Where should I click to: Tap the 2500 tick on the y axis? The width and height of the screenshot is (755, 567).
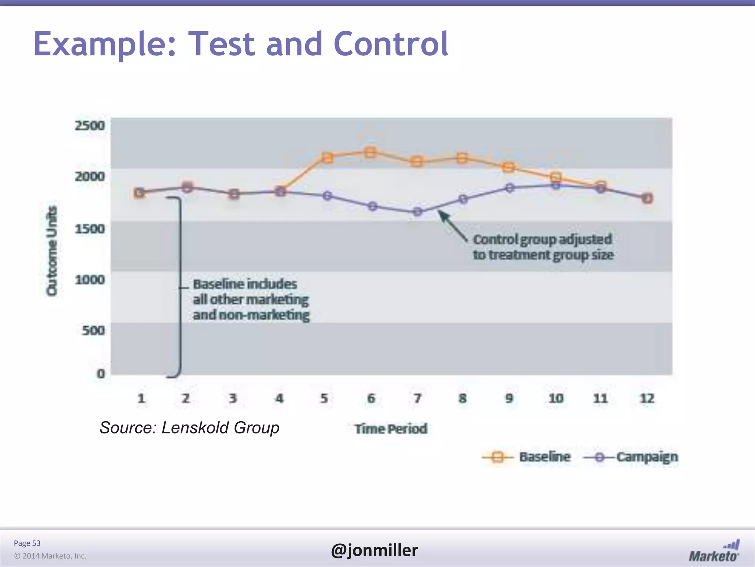tap(90, 126)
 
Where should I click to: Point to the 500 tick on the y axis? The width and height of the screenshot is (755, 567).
tap(93, 330)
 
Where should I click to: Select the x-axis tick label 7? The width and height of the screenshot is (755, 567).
tap(417, 398)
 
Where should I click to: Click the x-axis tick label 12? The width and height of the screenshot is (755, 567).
tap(647, 398)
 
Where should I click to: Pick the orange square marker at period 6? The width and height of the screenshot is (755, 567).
tap(370, 152)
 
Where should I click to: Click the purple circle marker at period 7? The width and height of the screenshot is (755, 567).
tap(417, 212)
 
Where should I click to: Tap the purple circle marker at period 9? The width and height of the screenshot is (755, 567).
tap(509, 188)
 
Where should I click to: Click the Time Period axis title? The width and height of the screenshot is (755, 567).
tap(391, 429)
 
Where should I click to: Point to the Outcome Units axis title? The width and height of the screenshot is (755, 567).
tap(52, 251)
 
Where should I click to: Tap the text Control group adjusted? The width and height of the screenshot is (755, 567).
tap(542, 239)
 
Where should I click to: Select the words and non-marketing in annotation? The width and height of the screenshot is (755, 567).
tap(251, 315)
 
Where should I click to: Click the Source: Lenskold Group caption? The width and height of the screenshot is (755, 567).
tap(189, 427)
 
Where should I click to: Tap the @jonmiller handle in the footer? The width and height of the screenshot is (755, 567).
tap(374, 550)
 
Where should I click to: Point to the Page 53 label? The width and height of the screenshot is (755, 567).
tap(27, 543)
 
